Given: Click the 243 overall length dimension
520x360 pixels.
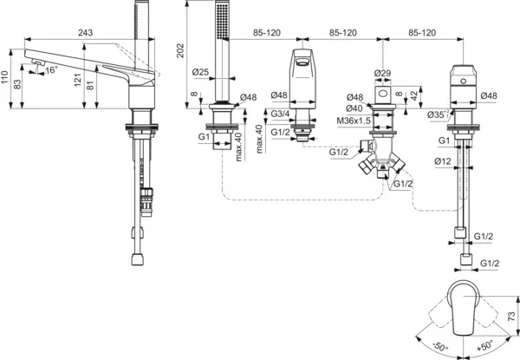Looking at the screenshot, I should click(x=85, y=33).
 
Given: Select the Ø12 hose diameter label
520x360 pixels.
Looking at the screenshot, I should click(x=443, y=161).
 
